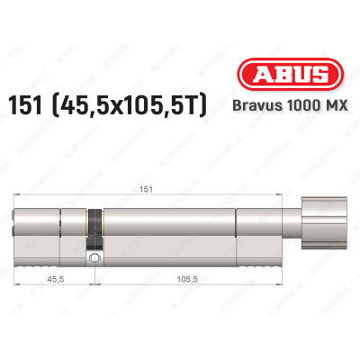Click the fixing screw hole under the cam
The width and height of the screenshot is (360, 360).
click(x=94, y=259)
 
